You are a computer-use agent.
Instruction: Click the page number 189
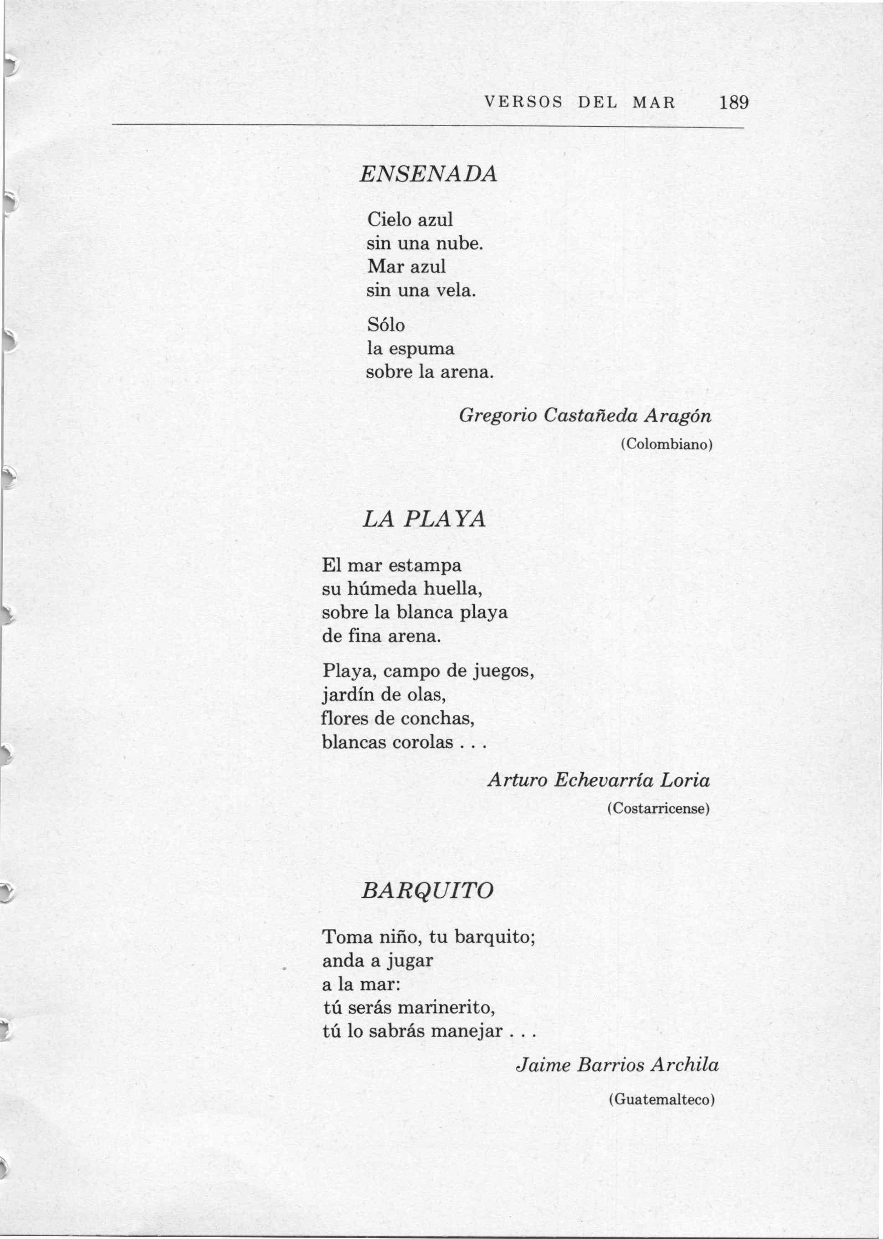click(734, 102)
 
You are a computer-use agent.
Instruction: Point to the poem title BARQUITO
click(428, 890)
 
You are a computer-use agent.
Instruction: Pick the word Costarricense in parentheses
click(658, 808)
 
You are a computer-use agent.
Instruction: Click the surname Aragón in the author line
click(677, 416)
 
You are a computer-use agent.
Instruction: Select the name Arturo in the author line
click(517, 780)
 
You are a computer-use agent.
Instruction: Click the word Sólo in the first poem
click(386, 325)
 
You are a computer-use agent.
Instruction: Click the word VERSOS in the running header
click(523, 102)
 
